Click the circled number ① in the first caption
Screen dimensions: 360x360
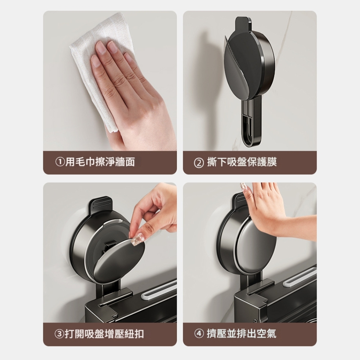click(60, 162)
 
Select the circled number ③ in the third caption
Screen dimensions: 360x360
click(59, 334)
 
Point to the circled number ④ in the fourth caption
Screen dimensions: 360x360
click(199, 334)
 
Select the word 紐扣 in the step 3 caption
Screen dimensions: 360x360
click(134, 334)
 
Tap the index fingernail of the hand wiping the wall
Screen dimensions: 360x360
click(100, 46)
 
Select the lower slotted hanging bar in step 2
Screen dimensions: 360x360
click(252, 122)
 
